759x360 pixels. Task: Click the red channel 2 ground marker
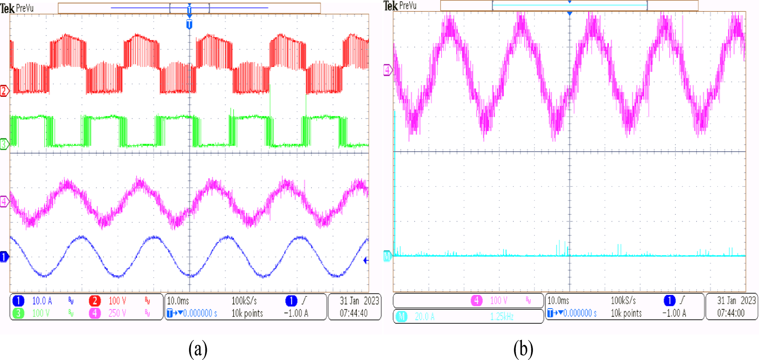tap(4, 91)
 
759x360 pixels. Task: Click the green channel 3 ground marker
tap(4, 144)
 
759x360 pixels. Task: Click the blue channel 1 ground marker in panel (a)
tap(4, 257)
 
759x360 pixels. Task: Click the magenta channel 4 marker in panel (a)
tap(4, 202)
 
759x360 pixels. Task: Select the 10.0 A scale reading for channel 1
tap(42, 301)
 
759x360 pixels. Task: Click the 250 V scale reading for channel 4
tap(117, 313)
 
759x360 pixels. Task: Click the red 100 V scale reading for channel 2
tap(117, 301)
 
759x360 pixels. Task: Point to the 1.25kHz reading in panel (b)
tap(502, 317)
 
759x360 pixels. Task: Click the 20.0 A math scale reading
tap(424, 317)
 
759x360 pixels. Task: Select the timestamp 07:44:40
tap(353, 313)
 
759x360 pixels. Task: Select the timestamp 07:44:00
tap(731, 313)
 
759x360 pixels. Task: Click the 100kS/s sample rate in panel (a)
tap(244, 301)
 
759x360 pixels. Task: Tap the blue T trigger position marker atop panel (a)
tap(189, 24)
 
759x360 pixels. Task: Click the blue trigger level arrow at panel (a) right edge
tap(366, 260)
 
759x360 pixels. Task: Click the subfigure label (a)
tap(198, 349)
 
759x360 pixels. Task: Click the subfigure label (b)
tap(523, 349)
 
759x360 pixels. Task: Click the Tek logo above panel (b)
tap(390, 6)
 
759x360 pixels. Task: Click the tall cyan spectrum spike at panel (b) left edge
tap(395, 182)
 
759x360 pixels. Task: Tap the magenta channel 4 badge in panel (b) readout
tap(476, 301)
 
